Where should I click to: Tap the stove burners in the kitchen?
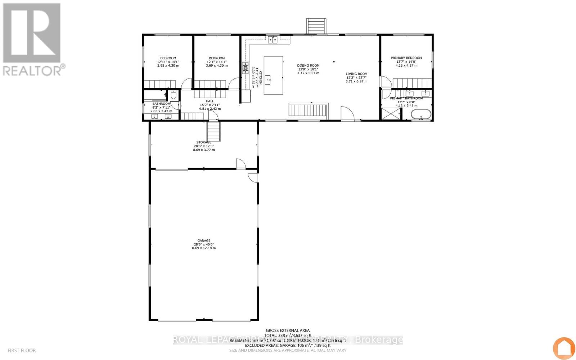click(x=246, y=68)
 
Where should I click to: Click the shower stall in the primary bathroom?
click(x=391, y=114)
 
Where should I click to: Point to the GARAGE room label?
click(x=204, y=241)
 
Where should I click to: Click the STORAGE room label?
click(x=204, y=143)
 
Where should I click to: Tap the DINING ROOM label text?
click(x=308, y=66)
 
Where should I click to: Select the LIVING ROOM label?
click(x=356, y=74)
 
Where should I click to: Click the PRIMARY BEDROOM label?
click(x=406, y=58)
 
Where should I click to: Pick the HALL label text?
click(x=210, y=101)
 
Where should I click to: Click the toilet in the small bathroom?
click(x=174, y=95)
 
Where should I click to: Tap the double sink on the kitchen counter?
click(x=273, y=40)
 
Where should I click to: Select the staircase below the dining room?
click(x=308, y=110)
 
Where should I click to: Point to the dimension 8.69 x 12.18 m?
click(x=204, y=248)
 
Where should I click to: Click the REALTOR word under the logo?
click(x=32, y=70)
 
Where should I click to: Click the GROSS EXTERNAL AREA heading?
click(x=288, y=330)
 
